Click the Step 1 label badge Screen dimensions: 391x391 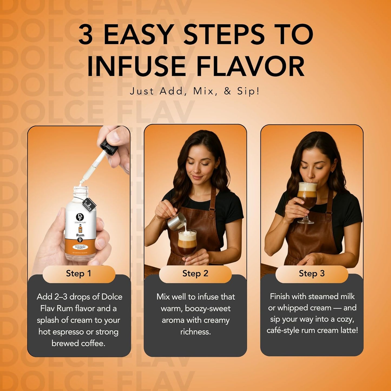pyautogui.click(x=78, y=274)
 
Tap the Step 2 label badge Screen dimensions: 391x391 pyautogui.click(x=195, y=274)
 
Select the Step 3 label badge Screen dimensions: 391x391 pyautogui.click(x=311, y=274)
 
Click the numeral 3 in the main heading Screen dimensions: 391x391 pyautogui.click(x=86, y=35)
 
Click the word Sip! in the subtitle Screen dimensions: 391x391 pyautogui.click(x=248, y=91)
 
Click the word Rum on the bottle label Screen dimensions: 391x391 pyautogui.click(x=80, y=235)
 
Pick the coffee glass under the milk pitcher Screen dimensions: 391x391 pyautogui.click(x=187, y=242)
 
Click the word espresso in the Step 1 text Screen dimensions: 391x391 pyautogui.click(x=71, y=332)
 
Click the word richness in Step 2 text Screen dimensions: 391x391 pyautogui.click(x=195, y=332)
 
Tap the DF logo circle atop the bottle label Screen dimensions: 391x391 pyautogui.click(x=80, y=217)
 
